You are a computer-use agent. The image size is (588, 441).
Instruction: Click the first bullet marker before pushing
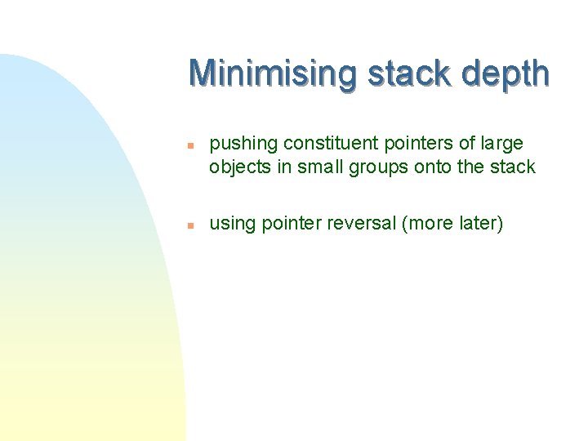[x=189, y=145]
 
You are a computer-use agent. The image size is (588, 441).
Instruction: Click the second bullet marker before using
[x=189, y=224]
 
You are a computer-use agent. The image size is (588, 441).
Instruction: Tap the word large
[x=501, y=144]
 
